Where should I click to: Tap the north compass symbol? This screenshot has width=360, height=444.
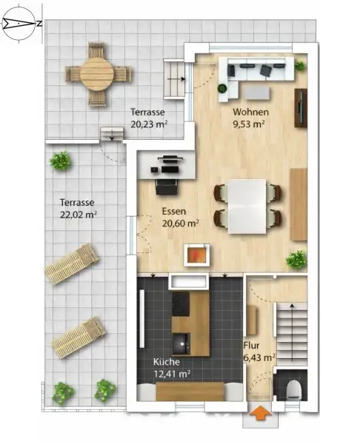click(23, 23)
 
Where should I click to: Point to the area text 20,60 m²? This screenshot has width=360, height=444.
click(180, 222)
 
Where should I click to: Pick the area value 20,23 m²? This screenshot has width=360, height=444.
click(147, 124)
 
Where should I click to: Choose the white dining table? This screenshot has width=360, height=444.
click(247, 205)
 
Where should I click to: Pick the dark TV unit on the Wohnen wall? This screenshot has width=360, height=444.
click(301, 108)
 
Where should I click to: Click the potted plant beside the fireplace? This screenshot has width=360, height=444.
click(296, 259)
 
